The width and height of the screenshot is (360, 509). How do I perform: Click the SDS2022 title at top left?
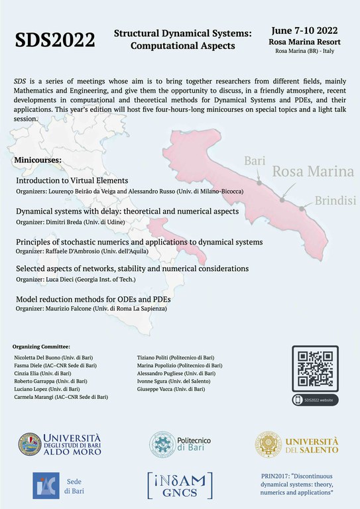pyautogui.click(x=55, y=40)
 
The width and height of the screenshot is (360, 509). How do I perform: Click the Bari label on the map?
pyautogui.click(x=255, y=161)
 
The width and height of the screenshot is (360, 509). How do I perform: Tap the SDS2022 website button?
pyautogui.click(x=316, y=400)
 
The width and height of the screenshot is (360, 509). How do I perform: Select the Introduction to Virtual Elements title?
pyautogui.click(x=72, y=180)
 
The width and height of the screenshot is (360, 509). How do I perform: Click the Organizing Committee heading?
pyautogui.click(x=41, y=347)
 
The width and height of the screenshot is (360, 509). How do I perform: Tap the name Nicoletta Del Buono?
pyautogui.click(x=36, y=357)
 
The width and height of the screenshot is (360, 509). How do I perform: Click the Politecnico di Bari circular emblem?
pyautogui.click(x=162, y=444)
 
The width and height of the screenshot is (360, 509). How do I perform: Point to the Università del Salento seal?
pyautogui.click(x=269, y=444)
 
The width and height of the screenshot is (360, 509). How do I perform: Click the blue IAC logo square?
pyautogui.click(x=46, y=486)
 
